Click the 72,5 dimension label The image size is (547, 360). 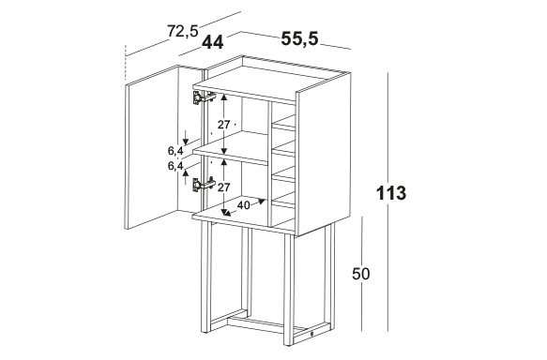click(183, 31)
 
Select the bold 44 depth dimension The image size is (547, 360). click(213, 42)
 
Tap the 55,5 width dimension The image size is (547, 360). click(300, 38)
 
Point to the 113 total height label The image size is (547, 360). click(391, 193)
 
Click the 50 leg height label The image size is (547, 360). click(360, 274)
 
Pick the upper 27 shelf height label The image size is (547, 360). click(223, 125)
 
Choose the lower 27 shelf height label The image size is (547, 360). click(224, 187)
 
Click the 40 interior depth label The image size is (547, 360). click(243, 205)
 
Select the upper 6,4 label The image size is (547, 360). click(175, 151)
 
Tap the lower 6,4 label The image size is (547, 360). click(175, 166)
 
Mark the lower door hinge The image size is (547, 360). click(204, 185)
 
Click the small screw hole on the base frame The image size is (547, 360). click(311, 334)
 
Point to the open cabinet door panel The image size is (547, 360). click(152, 146)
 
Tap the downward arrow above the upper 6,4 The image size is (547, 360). click(186, 137)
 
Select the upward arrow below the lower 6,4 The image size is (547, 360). click(186, 176)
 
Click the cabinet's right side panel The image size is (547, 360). click(323, 154)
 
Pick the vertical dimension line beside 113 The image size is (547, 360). click(387, 202)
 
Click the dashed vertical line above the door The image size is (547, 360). click(125, 63)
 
